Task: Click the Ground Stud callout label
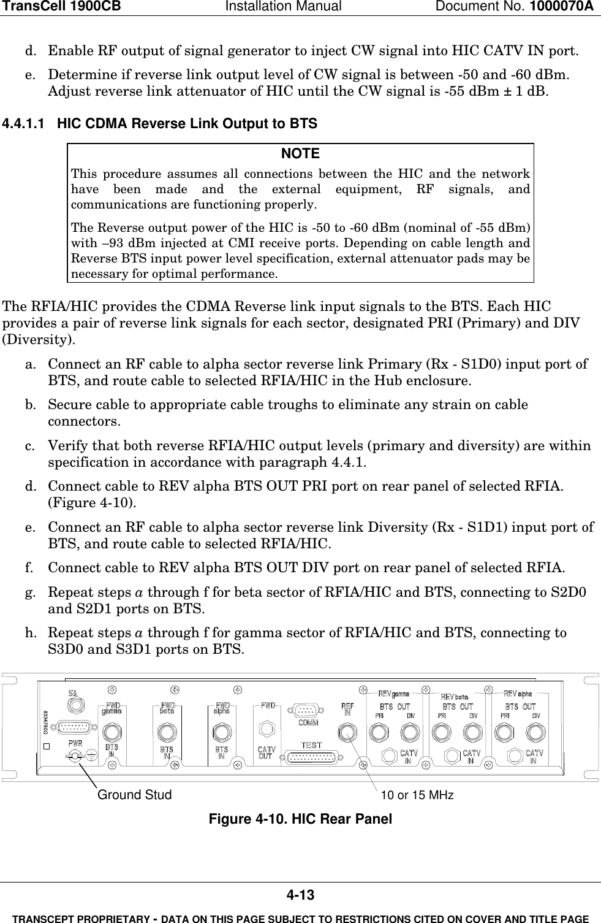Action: point(135,795)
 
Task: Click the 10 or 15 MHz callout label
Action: point(417,795)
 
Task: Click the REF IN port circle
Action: point(347,732)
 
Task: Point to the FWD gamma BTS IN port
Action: point(112,732)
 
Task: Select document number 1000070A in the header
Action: point(564,7)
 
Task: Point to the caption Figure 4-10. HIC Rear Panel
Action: point(300,819)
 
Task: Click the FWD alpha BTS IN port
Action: point(221,732)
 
